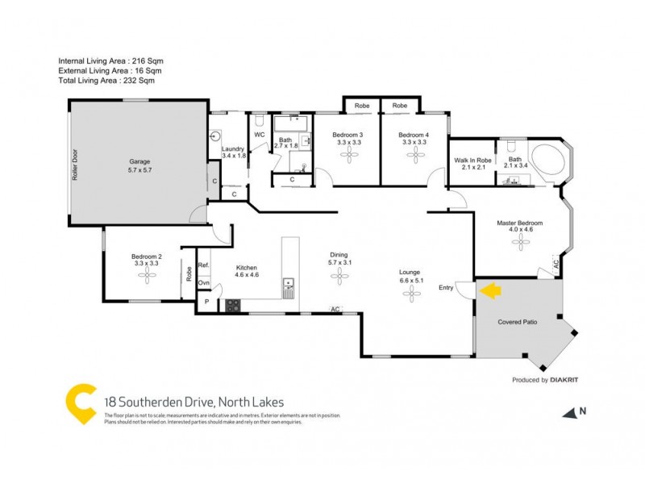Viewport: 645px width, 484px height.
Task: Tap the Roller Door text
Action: tap(75, 162)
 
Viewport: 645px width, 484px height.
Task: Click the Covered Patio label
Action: tap(519, 322)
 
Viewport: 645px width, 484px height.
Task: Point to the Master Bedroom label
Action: tap(521, 223)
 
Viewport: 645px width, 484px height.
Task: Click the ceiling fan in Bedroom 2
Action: tap(148, 276)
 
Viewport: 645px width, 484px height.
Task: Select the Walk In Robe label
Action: tap(472, 161)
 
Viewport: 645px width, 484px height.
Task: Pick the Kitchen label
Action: tap(246, 268)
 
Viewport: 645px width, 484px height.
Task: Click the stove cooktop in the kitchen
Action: tap(232, 306)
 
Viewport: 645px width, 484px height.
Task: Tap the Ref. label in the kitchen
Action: tap(204, 265)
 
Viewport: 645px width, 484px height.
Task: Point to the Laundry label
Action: tap(233, 148)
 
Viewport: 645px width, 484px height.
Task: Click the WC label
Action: tap(260, 135)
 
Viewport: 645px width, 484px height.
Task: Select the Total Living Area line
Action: tap(106, 81)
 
